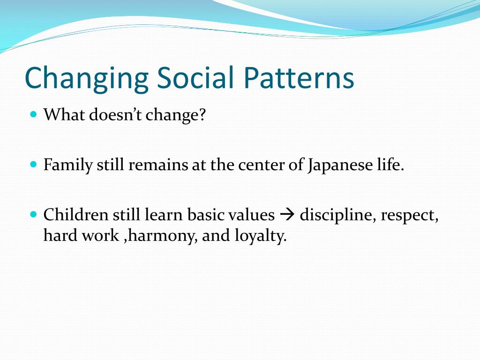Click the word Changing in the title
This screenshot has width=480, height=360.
tap(87, 78)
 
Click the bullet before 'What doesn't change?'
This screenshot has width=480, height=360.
tap(34, 114)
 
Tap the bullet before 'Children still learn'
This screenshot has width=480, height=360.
tap(34, 214)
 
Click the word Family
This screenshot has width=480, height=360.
tap(68, 165)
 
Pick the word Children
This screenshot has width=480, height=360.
tap(76, 215)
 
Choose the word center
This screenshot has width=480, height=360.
tap(262, 165)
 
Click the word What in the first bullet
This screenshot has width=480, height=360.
tap(64, 115)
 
